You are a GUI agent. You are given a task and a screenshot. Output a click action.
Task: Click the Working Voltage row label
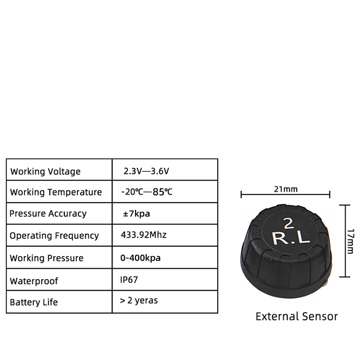coord(45,171)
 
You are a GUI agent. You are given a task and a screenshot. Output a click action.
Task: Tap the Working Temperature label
coord(56,192)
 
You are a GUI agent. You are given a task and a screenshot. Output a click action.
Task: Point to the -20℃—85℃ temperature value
coord(147,192)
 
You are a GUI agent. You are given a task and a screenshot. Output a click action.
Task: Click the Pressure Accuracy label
coord(48,213)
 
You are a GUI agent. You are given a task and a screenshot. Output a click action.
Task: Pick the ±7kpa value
coord(136,213)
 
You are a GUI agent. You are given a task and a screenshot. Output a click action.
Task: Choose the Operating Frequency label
coord(54,235)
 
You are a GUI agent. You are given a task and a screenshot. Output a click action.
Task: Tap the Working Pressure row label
coord(46,258)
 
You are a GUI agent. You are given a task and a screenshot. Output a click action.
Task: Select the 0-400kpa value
coord(141,258)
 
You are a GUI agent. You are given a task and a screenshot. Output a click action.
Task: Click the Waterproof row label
coord(34,281)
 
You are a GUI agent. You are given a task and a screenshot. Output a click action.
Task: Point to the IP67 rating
coord(129,279)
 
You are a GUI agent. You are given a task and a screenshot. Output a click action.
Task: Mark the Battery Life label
coord(34,302)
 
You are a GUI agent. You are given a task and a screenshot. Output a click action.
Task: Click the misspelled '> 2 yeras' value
coord(139,300)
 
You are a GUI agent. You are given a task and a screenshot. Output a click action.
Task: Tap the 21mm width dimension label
coord(286,189)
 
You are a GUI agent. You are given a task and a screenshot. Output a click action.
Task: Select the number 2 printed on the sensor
coord(288,223)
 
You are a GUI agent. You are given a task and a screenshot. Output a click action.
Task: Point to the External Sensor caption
coord(297,316)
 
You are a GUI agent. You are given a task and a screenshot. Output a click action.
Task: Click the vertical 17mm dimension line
coord(345,241)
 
